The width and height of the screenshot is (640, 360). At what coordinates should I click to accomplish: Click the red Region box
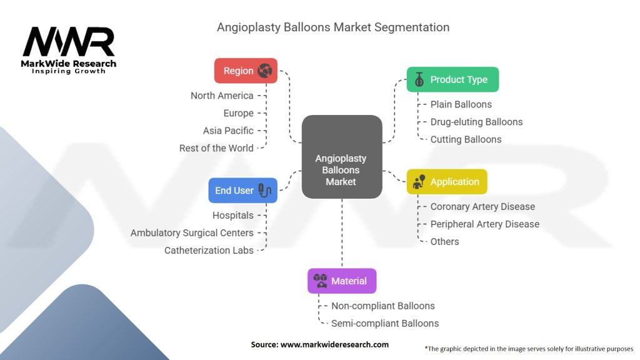coord(246,71)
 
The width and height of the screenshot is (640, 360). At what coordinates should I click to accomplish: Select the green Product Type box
coord(452,79)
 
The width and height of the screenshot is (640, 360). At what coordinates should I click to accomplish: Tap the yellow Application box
coord(447,181)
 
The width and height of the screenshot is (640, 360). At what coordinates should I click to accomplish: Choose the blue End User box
coord(242,190)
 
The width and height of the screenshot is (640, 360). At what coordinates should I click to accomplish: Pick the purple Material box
coord(342,281)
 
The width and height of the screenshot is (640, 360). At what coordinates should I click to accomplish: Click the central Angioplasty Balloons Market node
coord(341,170)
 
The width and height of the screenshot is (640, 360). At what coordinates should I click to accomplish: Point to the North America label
coord(222,96)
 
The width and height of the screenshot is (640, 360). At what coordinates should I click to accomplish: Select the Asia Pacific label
coord(228,131)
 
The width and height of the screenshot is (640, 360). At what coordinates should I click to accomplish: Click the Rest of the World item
coord(216,148)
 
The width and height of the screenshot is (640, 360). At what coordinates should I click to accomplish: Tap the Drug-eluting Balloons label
coord(476,122)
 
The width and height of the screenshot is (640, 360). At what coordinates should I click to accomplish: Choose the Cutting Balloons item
coord(466,139)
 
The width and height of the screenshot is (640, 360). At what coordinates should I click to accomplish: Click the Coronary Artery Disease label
coord(482,206)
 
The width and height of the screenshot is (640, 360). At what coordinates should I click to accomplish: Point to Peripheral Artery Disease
coord(484,224)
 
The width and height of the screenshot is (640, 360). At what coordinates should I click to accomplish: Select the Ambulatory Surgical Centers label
coord(192,232)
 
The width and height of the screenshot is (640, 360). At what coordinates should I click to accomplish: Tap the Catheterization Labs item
coord(209,250)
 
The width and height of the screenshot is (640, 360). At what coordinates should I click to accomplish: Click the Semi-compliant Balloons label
coord(385,323)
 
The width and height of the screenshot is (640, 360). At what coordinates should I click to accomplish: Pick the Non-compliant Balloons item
coord(382,306)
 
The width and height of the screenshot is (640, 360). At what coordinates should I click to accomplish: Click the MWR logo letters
coord(69,42)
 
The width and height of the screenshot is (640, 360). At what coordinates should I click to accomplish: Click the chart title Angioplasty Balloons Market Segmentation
coord(333,27)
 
